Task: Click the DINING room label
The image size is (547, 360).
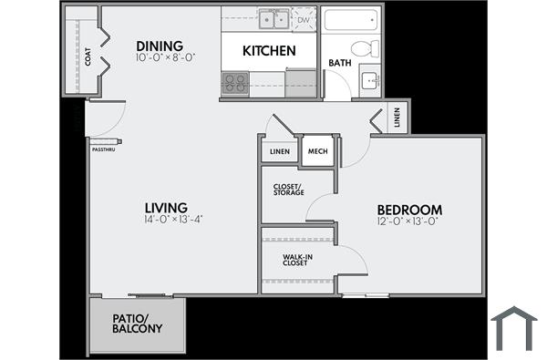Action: point(160,46)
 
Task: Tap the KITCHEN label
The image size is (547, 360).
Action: point(268,51)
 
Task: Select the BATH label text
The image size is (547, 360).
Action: point(339,63)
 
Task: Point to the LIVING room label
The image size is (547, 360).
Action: point(165,207)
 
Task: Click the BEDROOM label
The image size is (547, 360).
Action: point(409,209)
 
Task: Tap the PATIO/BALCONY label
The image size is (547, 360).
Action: point(137,324)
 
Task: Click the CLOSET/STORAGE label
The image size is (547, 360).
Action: point(288,190)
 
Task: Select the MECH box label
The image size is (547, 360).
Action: point(317,151)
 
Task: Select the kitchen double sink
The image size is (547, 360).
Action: point(272,19)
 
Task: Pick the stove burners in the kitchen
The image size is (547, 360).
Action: point(235,83)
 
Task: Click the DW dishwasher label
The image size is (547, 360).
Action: point(303,18)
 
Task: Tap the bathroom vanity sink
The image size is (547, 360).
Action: point(370,80)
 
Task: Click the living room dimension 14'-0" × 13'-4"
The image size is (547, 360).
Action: point(172,220)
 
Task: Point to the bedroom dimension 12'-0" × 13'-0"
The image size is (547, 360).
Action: point(408,221)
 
